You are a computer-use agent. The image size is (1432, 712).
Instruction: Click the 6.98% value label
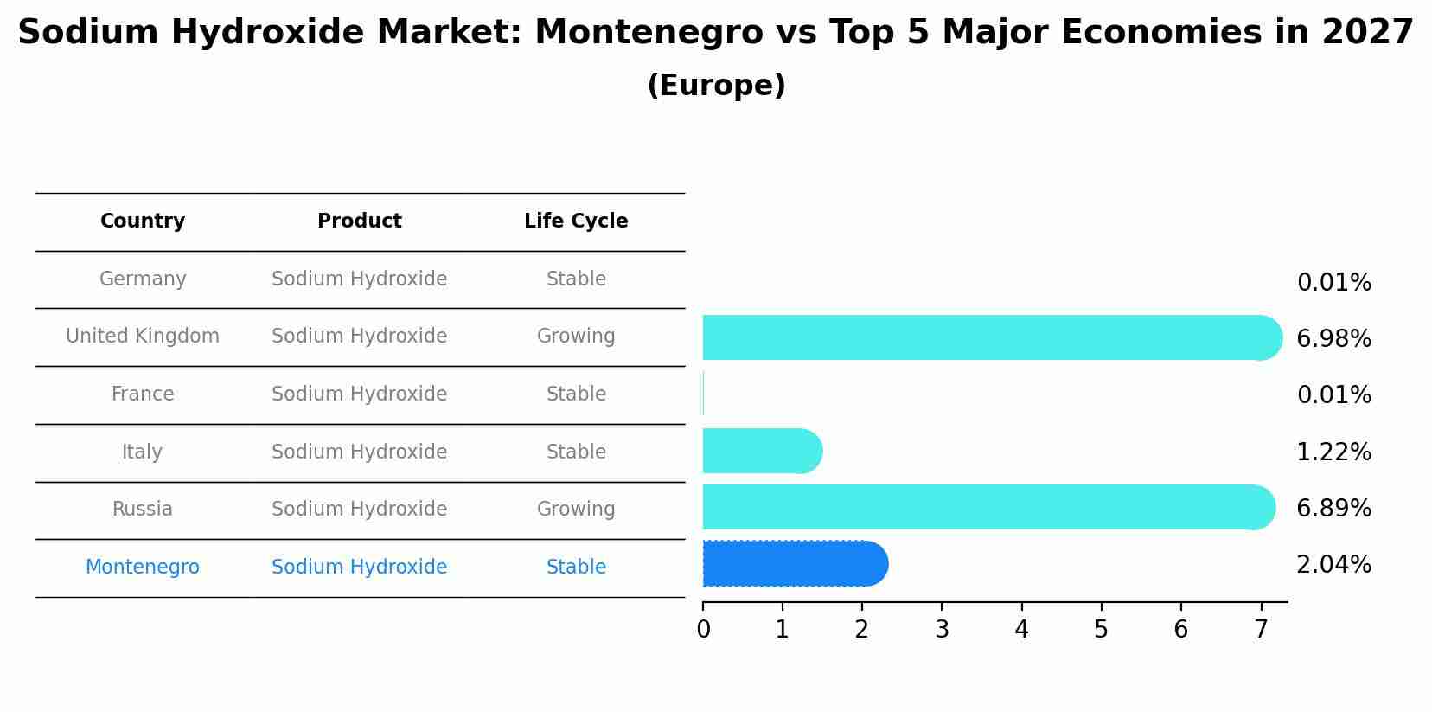(1333, 339)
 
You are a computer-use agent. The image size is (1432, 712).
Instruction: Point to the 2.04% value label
(1333, 565)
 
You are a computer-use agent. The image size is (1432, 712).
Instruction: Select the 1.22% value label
(1333, 452)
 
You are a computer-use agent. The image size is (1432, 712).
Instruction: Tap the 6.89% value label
(1333, 509)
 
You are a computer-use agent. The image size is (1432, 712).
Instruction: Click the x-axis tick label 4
(1021, 630)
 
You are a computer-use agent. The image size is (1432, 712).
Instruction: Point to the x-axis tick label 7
(1261, 630)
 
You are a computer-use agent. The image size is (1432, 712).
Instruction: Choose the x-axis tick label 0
(703, 630)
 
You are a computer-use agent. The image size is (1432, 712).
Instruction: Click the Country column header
(143, 221)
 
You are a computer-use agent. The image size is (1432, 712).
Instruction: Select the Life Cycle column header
(576, 221)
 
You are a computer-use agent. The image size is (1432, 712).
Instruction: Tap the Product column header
(359, 221)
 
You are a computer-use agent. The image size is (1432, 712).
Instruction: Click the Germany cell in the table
(143, 279)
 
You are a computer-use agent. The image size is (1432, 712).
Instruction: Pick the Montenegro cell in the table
(143, 568)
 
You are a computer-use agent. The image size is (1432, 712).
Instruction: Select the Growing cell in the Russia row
(576, 510)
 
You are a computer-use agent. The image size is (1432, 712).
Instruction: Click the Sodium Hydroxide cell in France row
(359, 394)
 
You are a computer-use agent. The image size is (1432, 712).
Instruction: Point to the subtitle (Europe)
(716, 86)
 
